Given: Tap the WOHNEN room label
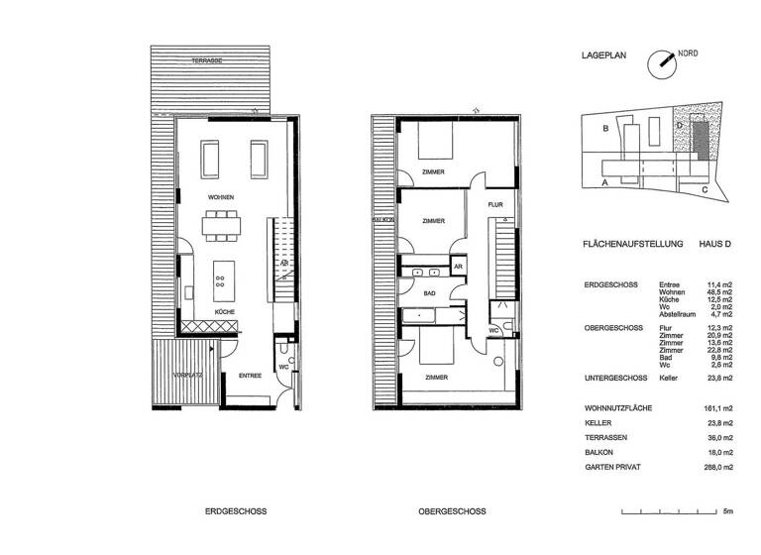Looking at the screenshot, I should pyautogui.click(x=221, y=198).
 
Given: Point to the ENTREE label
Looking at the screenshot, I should pyautogui.click(x=250, y=376).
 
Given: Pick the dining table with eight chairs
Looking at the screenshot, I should pyautogui.click(x=222, y=227).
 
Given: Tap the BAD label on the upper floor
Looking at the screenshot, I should pyautogui.click(x=429, y=294).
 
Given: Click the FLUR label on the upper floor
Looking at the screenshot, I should pyautogui.click(x=496, y=204).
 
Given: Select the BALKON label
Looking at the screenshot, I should pyautogui.click(x=382, y=221).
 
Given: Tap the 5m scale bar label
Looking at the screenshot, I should pyautogui.click(x=727, y=512).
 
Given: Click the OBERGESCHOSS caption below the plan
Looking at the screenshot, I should pyautogui.click(x=451, y=512).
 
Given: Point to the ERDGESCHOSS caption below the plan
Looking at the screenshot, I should pyautogui.click(x=235, y=512).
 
